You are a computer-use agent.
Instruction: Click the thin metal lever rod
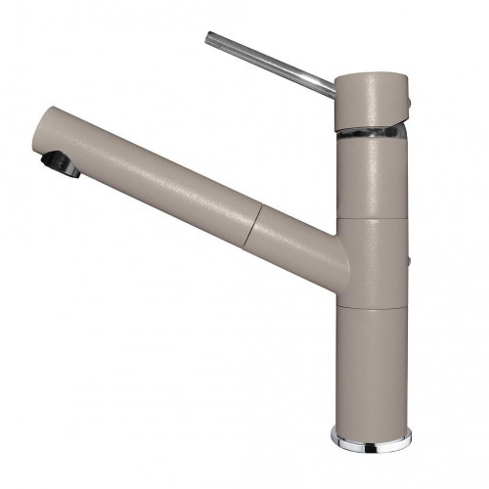pos(269,60)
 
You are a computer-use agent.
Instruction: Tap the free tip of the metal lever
pos(209,38)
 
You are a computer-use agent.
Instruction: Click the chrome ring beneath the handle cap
pos(371,133)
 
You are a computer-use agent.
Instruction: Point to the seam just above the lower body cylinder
pos(371,305)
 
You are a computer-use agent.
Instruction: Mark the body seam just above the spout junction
pos(371,218)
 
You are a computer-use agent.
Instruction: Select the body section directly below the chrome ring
pos(371,176)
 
